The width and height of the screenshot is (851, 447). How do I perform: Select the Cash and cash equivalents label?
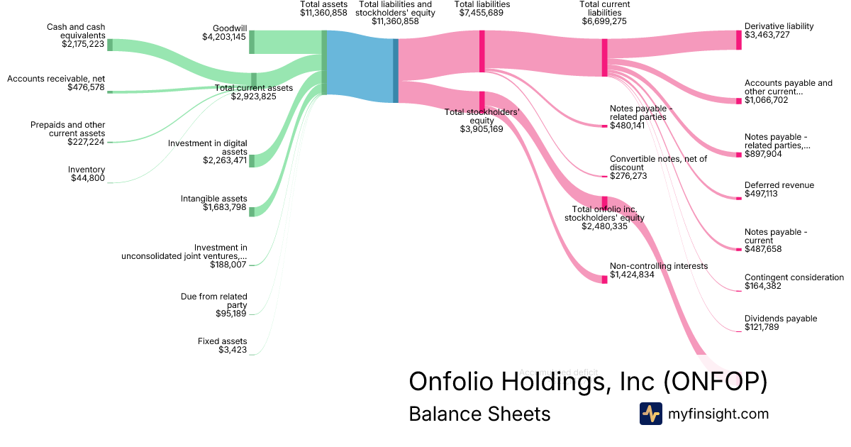[x=76, y=31]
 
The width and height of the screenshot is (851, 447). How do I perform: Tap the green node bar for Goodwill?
[x=252, y=42]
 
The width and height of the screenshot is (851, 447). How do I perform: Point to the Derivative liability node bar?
[x=738, y=40]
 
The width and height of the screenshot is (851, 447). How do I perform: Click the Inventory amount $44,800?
[x=88, y=178]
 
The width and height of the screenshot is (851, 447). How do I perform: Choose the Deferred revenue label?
[x=779, y=185]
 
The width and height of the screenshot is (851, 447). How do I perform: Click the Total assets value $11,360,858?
[x=323, y=13]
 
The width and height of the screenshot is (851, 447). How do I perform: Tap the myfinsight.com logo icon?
[x=650, y=414]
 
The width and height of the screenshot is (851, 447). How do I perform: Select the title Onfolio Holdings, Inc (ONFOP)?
[x=588, y=381]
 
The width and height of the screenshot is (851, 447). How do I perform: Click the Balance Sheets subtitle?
[x=479, y=414]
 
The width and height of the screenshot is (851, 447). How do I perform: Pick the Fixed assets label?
[x=222, y=341]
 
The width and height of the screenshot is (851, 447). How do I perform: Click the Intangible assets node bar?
[x=252, y=211]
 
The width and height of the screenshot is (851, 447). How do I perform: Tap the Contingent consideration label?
[x=794, y=277]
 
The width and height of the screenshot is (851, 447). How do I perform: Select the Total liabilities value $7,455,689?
[x=482, y=13]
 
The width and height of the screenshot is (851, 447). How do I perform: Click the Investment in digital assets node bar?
[x=252, y=160]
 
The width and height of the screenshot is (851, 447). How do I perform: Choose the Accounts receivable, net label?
[x=56, y=78]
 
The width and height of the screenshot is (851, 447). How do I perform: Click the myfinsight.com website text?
[x=718, y=414]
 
